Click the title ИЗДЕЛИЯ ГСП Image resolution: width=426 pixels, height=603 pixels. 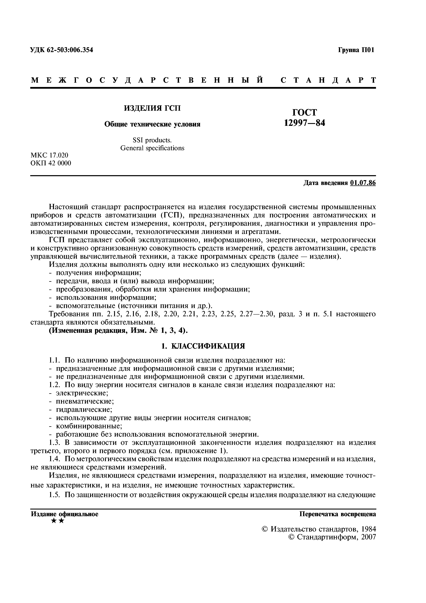tap(152, 108)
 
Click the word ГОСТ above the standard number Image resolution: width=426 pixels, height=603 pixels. tap(305, 112)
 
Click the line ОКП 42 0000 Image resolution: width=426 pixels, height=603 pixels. tap(51, 163)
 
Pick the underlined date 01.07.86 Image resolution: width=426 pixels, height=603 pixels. tap(363, 183)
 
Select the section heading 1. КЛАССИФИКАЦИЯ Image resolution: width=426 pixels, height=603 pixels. tap(203, 346)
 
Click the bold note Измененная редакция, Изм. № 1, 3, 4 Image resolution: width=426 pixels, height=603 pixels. tap(119, 330)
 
